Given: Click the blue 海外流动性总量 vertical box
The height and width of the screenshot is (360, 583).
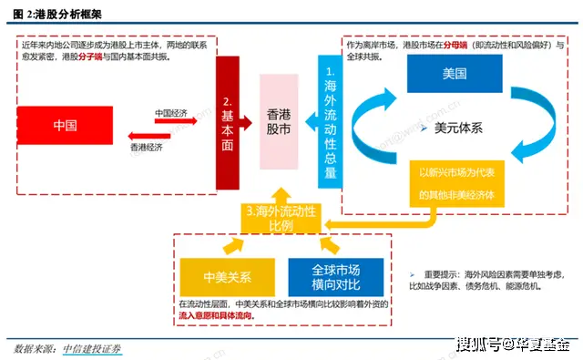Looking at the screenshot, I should click(x=330, y=122).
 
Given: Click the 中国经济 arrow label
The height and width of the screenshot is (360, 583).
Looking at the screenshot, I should click(x=171, y=113).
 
